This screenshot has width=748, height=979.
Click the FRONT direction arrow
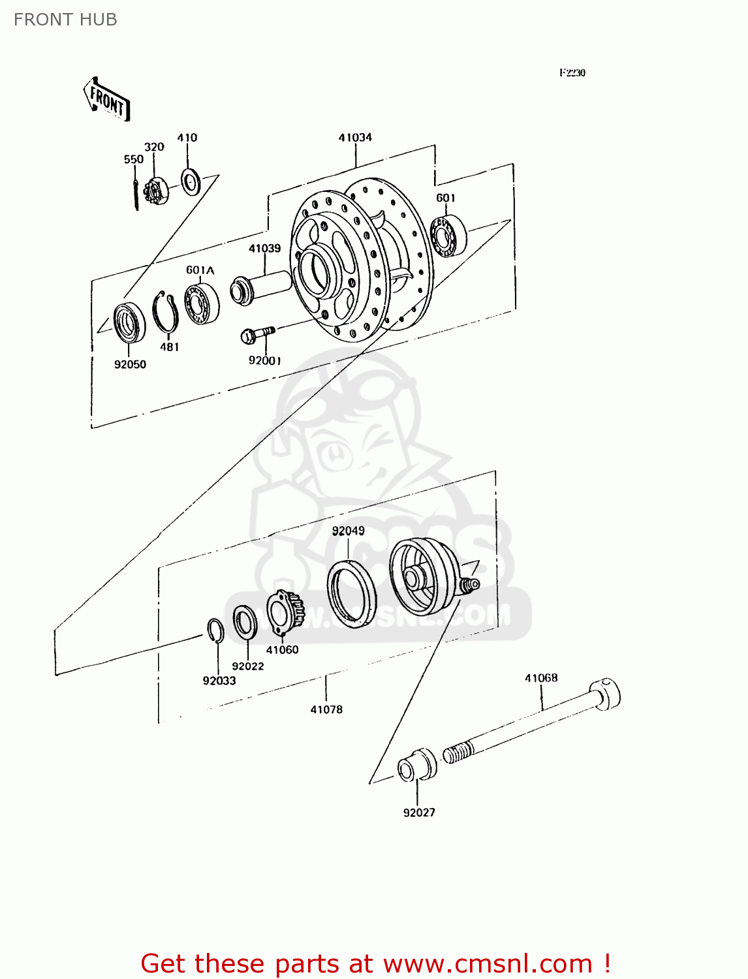pyautogui.click(x=106, y=99)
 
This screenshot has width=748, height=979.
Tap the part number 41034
pyautogui.click(x=355, y=138)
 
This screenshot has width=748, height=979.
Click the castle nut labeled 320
pyautogui.click(x=155, y=191)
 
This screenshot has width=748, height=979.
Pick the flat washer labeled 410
pyautogui.click(x=191, y=181)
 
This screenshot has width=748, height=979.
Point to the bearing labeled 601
pyautogui.click(x=448, y=235)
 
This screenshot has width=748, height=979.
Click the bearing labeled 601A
pyautogui.click(x=201, y=303)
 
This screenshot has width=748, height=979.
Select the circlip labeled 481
pyautogui.click(x=166, y=313)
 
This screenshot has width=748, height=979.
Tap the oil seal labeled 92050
pyautogui.click(x=129, y=322)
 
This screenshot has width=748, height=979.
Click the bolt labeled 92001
pyautogui.click(x=257, y=334)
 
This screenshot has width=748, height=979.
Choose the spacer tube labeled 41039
pyautogui.click(x=261, y=287)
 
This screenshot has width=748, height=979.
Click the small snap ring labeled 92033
pyautogui.click(x=215, y=630)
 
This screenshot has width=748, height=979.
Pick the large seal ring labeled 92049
pyautogui.click(x=351, y=594)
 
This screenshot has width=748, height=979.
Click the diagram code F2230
pyautogui.click(x=572, y=73)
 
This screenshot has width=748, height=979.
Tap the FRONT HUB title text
pyautogui.click(x=65, y=20)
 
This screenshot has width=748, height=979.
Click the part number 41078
pyautogui.click(x=326, y=709)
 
